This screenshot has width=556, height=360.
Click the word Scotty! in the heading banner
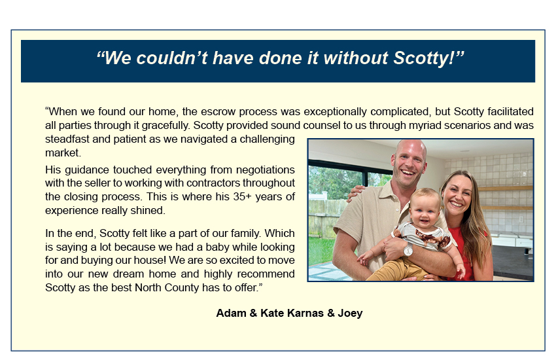[x=425, y=58]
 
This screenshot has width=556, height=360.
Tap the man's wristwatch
[x=408, y=251]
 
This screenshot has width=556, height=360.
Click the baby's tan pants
[x=397, y=270]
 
